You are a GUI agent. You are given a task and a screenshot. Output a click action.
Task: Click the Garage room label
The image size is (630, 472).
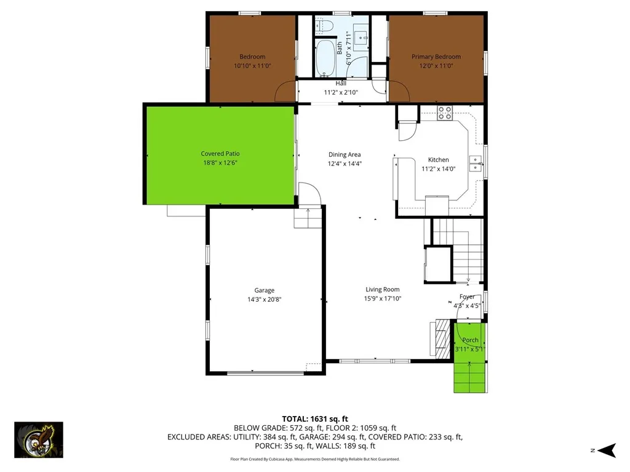[265, 291]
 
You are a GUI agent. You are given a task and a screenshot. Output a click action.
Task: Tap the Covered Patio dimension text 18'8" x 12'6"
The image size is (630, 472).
[220, 163]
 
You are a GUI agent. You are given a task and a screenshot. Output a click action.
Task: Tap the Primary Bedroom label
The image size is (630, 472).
[436, 57]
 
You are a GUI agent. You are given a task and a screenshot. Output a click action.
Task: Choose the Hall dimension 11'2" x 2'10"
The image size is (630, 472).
[341, 92]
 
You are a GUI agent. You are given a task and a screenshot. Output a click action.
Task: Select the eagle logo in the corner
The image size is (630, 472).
[38, 439]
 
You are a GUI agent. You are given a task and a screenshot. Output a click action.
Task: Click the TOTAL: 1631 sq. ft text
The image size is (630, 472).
[314, 418]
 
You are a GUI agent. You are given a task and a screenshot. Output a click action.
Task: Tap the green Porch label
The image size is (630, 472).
[470, 340]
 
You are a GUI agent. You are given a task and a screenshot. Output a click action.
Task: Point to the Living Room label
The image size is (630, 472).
[382, 289]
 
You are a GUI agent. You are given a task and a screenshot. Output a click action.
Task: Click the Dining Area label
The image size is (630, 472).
[344, 155]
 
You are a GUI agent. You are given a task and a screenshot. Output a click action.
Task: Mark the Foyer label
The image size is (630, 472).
[467, 297]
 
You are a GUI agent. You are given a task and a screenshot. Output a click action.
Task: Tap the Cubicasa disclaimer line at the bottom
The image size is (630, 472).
[314, 459]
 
